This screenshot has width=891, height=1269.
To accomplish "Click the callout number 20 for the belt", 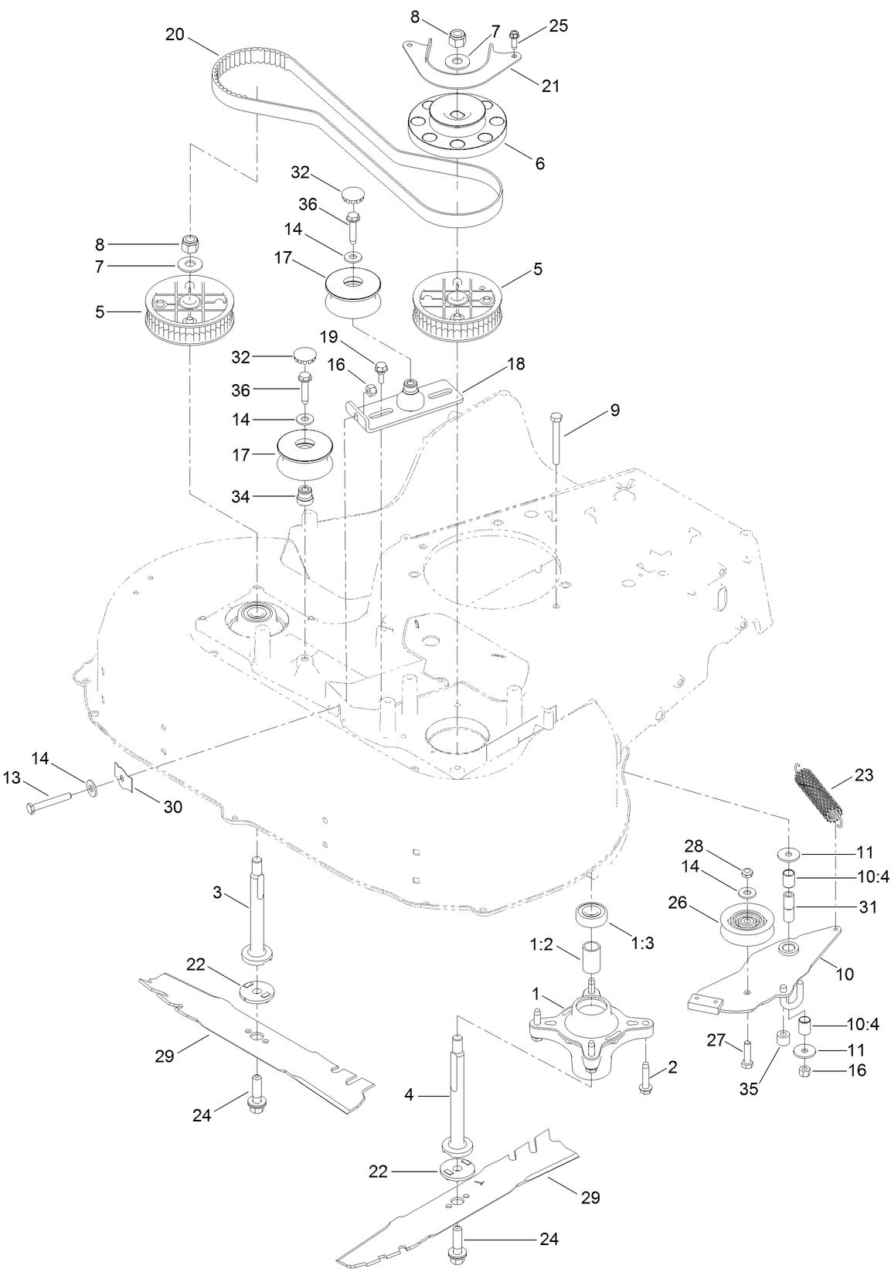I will pyautogui.click(x=175, y=35).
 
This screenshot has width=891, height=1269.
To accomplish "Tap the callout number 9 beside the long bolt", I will pyautogui.click(x=615, y=410).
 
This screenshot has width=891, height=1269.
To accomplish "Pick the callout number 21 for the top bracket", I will pyautogui.click(x=550, y=86).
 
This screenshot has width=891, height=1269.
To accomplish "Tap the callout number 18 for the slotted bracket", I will pyautogui.click(x=516, y=363).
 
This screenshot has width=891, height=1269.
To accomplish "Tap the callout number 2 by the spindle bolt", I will pyautogui.click(x=672, y=1067).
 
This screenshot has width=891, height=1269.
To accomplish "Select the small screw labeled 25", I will pyautogui.click(x=513, y=36).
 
